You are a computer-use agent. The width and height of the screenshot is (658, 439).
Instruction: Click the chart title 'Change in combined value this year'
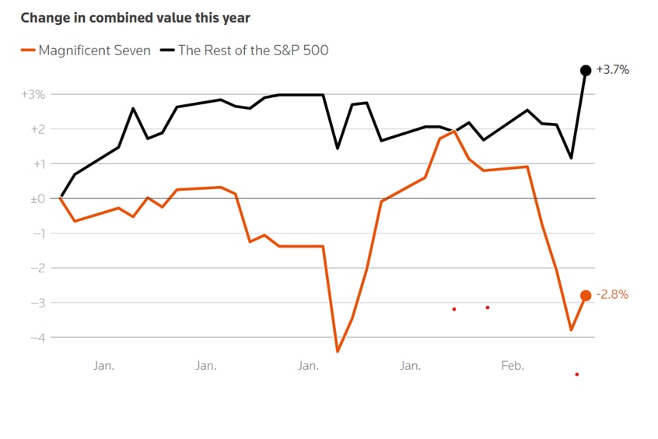[x=135, y=17]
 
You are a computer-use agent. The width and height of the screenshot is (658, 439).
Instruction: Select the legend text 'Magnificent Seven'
[x=94, y=51]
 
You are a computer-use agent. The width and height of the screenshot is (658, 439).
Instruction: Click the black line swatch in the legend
[x=167, y=51]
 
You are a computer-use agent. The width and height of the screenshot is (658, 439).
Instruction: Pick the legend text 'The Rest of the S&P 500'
[x=253, y=51]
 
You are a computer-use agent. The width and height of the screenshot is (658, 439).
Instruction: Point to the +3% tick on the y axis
[x=33, y=94]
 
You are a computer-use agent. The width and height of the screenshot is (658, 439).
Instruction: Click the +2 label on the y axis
[x=37, y=129]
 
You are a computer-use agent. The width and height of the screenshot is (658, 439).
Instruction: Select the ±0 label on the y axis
[x=36, y=199]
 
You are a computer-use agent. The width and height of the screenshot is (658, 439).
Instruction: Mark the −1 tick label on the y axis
[x=37, y=234]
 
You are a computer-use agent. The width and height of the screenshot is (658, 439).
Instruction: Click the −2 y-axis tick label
[x=37, y=269]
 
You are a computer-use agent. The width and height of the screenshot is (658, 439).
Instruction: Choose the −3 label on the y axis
[x=37, y=303]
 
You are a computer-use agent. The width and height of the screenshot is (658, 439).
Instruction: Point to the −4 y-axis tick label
[x=37, y=338]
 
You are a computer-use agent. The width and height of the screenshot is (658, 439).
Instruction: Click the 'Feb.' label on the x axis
[x=513, y=365]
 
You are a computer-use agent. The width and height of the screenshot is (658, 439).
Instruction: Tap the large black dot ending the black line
[x=586, y=70]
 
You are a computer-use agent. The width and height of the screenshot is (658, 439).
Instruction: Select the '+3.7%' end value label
[x=613, y=70]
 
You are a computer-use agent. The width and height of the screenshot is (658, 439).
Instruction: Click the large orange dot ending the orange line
[x=586, y=295]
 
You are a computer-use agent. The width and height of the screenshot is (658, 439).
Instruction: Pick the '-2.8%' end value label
[x=612, y=295]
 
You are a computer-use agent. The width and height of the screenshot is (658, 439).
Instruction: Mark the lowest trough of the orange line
[x=338, y=352]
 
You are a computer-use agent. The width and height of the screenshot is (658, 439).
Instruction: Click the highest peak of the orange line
[x=454, y=131]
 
